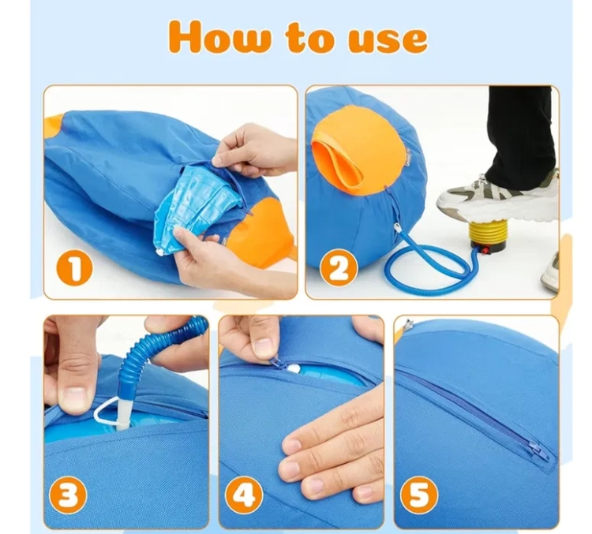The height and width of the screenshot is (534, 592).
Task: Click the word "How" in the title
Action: (x=220, y=38)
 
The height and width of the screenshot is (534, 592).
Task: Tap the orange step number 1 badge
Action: (x=75, y=270)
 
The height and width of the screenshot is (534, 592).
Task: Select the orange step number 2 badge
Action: (x=339, y=269)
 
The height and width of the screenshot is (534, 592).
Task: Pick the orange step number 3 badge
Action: (x=69, y=494)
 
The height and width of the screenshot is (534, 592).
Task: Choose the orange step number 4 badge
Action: (x=244, y=494)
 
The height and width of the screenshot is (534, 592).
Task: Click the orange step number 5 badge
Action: (x=419, y=494)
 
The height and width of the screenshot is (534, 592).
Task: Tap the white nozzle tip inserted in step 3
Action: (x=124, y=412)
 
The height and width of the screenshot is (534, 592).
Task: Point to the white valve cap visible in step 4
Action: (x=294, y=368)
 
